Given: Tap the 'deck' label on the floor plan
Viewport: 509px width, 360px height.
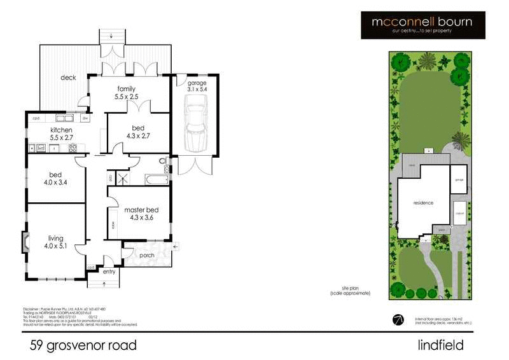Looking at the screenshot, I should pos(68,78).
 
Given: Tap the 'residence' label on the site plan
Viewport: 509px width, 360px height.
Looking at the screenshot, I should pos(423,203).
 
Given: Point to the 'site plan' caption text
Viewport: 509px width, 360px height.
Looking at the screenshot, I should pos(350,290).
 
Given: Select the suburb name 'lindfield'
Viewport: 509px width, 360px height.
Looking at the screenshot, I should pos(437,345).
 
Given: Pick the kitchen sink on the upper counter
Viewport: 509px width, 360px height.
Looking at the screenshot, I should pos(65,118).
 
